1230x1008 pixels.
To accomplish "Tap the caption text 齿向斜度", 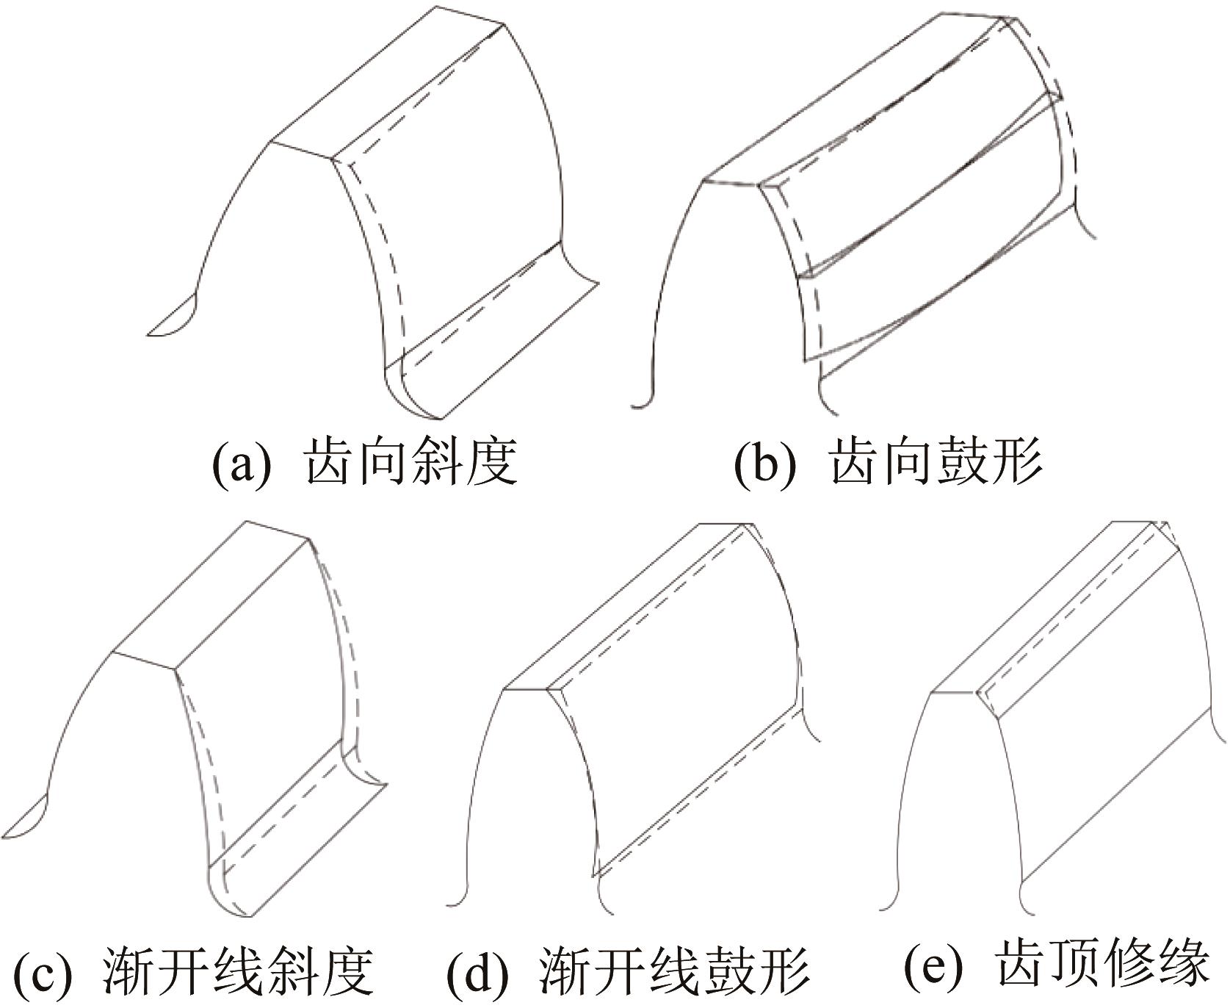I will click(x=411, y=463).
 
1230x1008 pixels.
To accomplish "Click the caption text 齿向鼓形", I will click(x=936, y=463).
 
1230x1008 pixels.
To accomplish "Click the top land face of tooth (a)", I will click(x=389, y=81).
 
